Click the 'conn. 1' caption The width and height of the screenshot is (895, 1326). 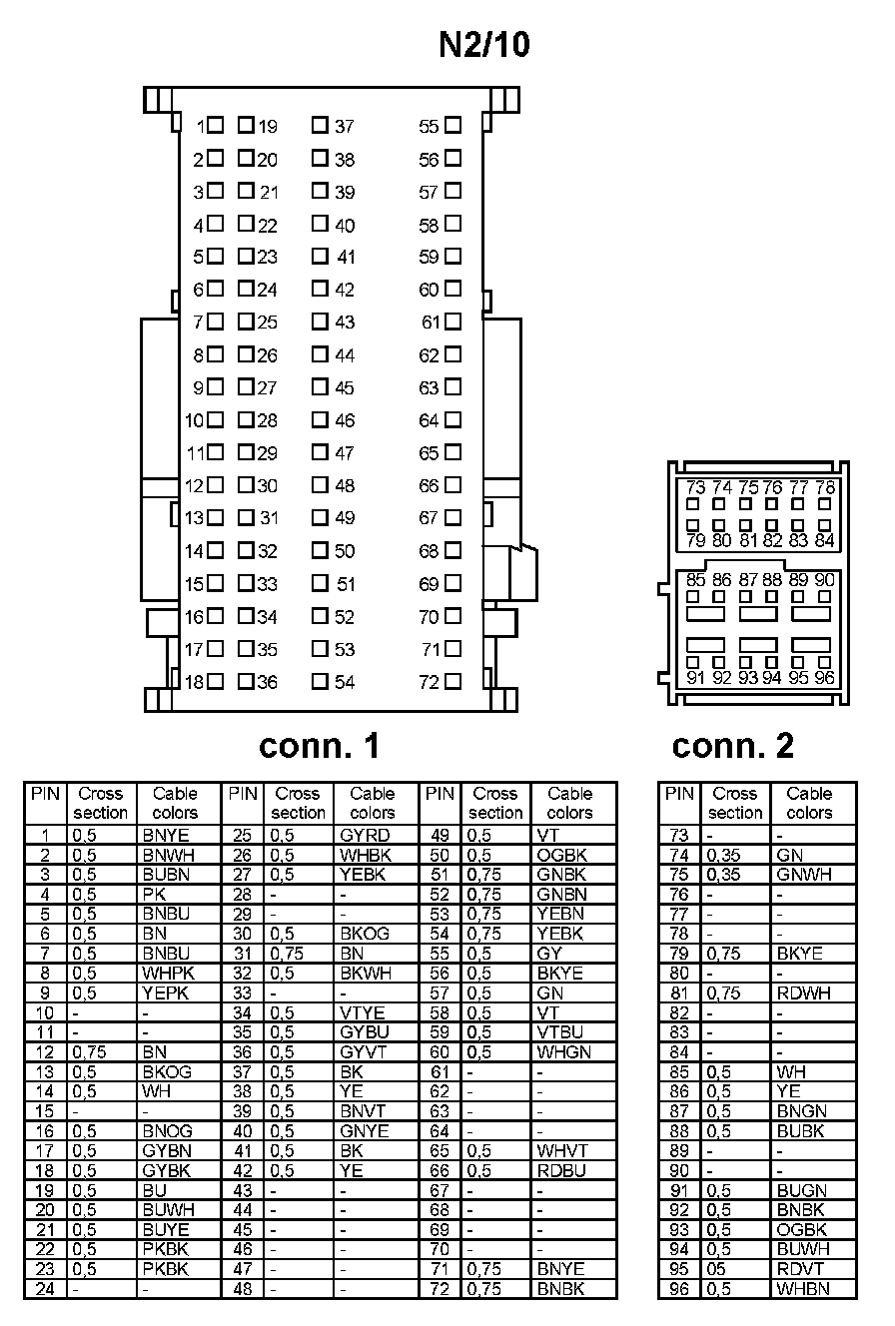coord(320,745)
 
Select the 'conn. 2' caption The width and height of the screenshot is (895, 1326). coord(733,745)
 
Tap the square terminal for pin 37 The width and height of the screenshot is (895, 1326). coord(320,126)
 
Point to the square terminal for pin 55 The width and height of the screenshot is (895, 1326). coord(452,126)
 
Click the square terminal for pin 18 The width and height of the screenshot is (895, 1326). coord(215,682)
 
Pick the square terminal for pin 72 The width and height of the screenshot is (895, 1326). coord(452,682)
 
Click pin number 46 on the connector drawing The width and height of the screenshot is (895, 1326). coord(345,420)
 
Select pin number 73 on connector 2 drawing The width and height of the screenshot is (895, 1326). coord(696,487)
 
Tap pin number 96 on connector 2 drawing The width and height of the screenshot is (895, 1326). coord(824,677)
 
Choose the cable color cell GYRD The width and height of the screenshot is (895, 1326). coord(365,835)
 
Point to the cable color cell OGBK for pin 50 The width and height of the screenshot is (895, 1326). coord(561,855)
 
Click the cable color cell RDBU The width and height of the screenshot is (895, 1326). coord(561,1170)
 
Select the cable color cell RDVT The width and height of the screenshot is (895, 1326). coord(800,1269)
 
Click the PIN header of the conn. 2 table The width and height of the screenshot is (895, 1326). coord(679,794)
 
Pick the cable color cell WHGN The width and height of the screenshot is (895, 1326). coord(563,1051)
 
